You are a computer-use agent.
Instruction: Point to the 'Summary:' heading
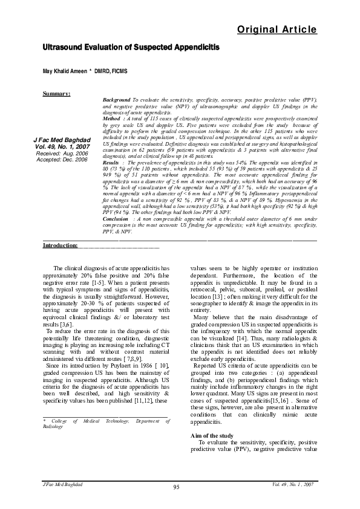pyautogui.click(x=56, y=94)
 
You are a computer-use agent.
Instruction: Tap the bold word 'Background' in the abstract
pyautogui.click(x=117, y=99)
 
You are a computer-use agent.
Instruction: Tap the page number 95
pyautogui.click(x=177, y=487)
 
